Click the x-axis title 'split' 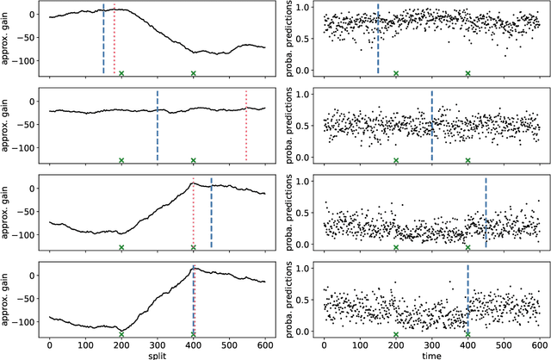coord(158,354)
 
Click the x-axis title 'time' coord(431,354)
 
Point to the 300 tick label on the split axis coord(158,343)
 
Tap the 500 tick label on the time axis coord(504,343)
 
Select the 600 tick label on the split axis coord(265,343)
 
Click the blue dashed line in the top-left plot coord(103,39)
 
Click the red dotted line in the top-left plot coord(115,43)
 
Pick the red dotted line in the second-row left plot coord(246,125)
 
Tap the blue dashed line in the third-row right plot coord(486,212)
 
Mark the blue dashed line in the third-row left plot coord(211,212)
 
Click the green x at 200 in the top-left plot coord(121,73)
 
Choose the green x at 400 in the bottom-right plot coord(467,334)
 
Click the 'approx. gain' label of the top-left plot coord(8,39)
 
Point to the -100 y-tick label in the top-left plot coord(26,61)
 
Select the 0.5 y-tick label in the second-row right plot coord(303,127)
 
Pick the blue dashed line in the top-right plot coord(378,39)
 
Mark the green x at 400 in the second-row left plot coord(194,160)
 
